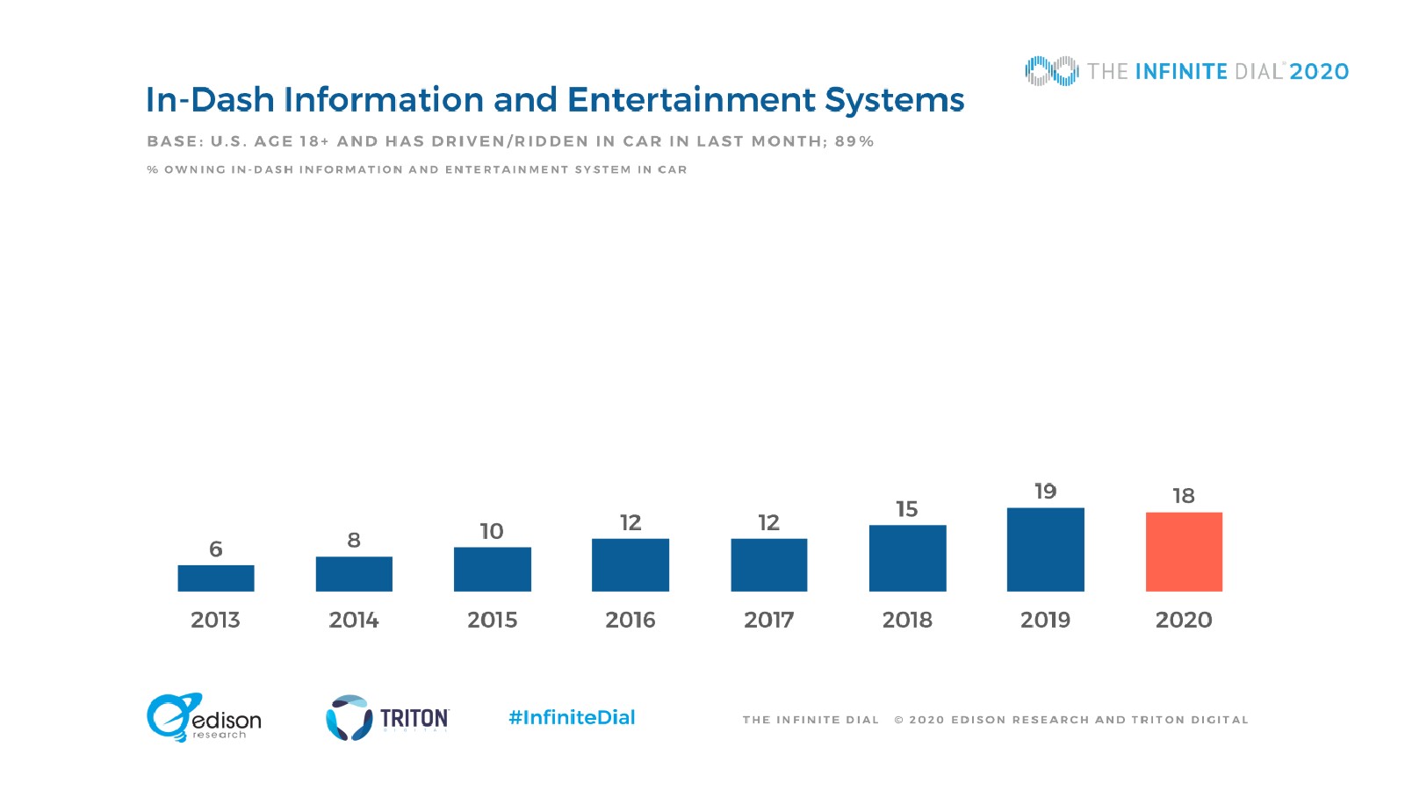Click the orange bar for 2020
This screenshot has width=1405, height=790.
point(1184,551)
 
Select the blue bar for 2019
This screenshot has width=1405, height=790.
point(1045,549)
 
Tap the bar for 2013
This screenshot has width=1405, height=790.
point(216,578)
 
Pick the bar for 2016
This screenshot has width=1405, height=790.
point(630,564)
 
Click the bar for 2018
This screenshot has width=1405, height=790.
point(907,558)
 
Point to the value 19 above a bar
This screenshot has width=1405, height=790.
point(1045,492)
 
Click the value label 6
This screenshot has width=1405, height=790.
point(216,549)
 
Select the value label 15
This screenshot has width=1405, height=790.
point(907,509)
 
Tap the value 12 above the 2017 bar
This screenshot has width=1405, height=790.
point(768,523)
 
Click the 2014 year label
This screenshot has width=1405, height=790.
point(354,620)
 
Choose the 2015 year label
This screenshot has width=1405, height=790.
point(492,620)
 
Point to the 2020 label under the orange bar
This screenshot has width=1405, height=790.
point(1184,620)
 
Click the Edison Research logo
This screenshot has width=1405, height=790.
point(204,718)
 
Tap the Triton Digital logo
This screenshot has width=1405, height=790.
point(387,718)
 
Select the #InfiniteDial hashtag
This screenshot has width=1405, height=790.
point(572,717)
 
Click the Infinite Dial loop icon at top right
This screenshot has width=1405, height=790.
point(1051,71)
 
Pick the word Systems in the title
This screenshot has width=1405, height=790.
point(895,100)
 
